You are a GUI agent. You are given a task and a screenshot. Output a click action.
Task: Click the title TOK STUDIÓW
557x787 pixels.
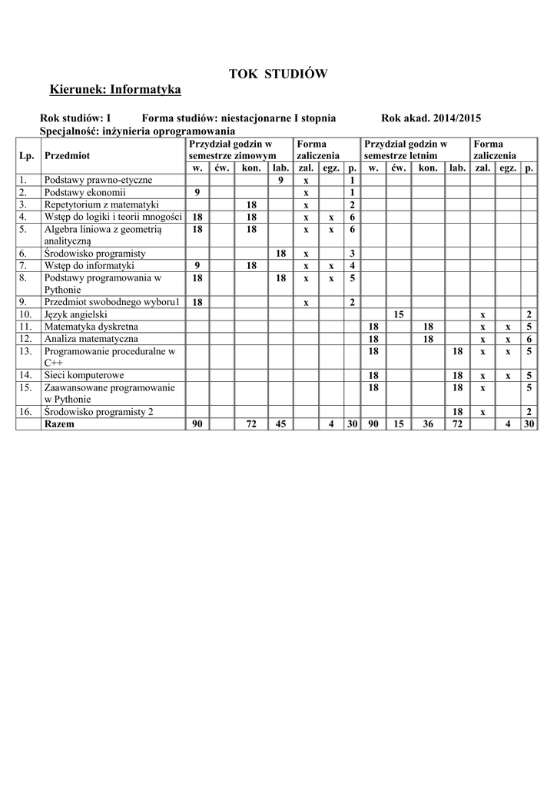point(278,74)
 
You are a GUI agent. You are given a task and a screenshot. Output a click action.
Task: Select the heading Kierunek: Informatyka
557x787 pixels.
point(115,91)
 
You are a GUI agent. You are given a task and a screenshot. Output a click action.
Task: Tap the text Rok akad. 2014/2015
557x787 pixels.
point(431,118)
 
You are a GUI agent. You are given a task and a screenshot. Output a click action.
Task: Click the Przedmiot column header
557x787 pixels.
point(68,155)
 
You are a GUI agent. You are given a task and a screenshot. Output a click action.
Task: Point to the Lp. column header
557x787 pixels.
point(27,155)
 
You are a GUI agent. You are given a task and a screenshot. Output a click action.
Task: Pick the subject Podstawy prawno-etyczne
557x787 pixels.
point(98,180)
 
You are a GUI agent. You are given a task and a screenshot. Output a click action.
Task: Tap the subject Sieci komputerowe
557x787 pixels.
point(85,375)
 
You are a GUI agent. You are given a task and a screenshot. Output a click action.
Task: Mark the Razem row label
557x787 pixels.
point(60,424)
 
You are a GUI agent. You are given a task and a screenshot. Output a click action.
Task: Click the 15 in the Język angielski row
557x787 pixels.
point(398,314)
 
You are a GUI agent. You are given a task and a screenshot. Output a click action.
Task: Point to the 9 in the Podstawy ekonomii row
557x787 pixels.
point(197,192)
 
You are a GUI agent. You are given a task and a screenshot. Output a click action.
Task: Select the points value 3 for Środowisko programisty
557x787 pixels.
point(352,253)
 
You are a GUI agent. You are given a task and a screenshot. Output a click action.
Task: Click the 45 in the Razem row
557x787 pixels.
point(280,424)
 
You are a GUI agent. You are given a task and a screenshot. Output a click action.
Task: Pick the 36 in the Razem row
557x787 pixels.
point(428,424)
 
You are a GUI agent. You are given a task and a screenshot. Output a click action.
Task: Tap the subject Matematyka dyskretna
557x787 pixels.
point(91,327)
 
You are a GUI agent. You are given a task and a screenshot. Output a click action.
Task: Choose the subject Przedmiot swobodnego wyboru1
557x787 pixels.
point(112,302)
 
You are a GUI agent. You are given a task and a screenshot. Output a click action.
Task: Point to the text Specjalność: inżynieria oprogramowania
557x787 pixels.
point(137,131)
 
